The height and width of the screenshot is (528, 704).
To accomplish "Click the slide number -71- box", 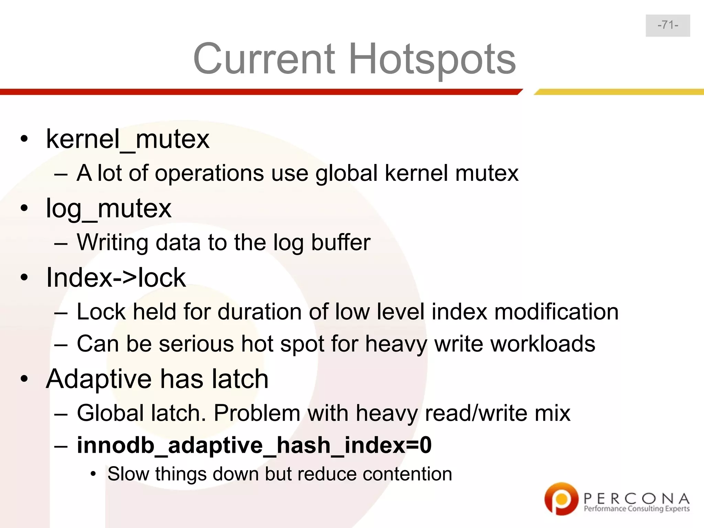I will coord(668,25).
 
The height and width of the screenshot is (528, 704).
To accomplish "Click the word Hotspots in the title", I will coord(432,59).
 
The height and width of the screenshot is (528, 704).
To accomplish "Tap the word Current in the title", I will coord(264,59).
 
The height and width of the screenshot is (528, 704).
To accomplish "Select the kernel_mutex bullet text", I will coord(128,139).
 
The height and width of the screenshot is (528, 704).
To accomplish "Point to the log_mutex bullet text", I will coord(109,208).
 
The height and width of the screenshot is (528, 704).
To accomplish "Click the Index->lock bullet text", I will coord(116,277).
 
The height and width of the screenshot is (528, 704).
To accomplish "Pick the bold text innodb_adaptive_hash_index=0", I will coord(254,445).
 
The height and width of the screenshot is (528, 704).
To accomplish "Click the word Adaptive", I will coord(98,379).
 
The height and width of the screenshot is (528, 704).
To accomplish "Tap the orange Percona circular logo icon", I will coord(561,498).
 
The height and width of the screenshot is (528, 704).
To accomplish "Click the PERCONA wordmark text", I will coord(636,498).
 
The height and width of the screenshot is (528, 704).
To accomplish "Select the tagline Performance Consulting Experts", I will coord(636,509).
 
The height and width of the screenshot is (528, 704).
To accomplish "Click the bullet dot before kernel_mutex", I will coord(24,139).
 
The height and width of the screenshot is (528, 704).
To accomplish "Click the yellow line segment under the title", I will coord(619,92).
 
